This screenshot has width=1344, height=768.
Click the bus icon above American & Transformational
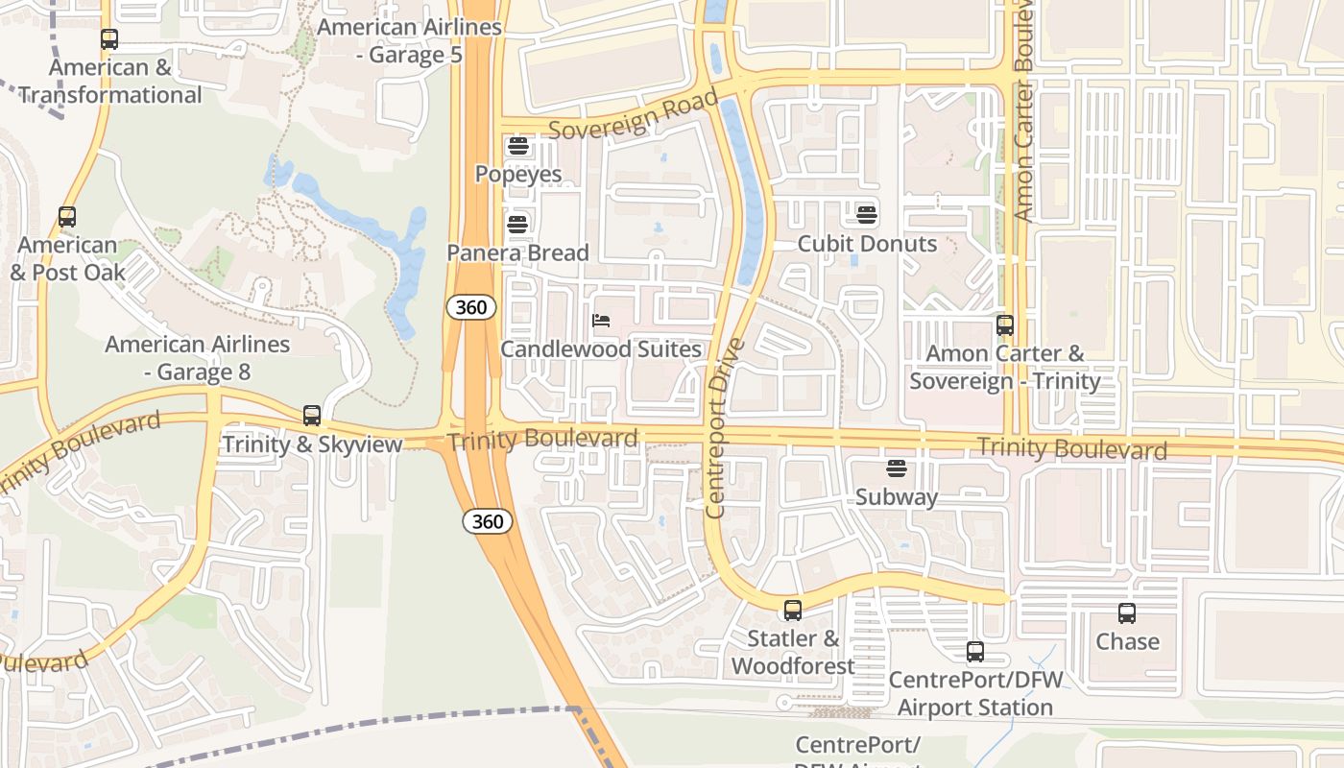tap(109, 39)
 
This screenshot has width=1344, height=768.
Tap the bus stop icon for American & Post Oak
tap(67, 217)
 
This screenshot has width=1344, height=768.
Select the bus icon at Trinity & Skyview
tap(312, 416)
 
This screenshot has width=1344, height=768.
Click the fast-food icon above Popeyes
tap(518, 147)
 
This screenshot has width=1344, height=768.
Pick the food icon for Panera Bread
tap(517, 225)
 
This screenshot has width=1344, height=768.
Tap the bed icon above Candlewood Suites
tap(602, 321)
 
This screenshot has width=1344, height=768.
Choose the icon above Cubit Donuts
tap(867, 214)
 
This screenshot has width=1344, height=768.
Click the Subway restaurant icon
tap(897, 468)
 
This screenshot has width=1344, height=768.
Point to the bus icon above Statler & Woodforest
tap(793, 610)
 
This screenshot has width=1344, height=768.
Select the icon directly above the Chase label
tap(1127, 612)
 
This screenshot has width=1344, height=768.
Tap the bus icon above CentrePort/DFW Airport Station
tap(975, 652)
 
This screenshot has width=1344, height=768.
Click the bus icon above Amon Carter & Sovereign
tap(1005, 325)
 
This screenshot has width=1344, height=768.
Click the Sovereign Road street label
tap(634, 116)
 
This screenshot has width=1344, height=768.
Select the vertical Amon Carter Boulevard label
tap(1023, 110)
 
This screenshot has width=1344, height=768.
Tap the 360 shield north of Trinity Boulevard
tap(471, 307)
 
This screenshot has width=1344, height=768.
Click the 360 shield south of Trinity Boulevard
tap(488, 521)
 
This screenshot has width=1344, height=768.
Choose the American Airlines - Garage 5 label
tap(410, 41)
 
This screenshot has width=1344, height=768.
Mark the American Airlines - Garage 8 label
tap(198, 358)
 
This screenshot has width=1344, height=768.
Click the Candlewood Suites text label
tap(601, 349)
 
